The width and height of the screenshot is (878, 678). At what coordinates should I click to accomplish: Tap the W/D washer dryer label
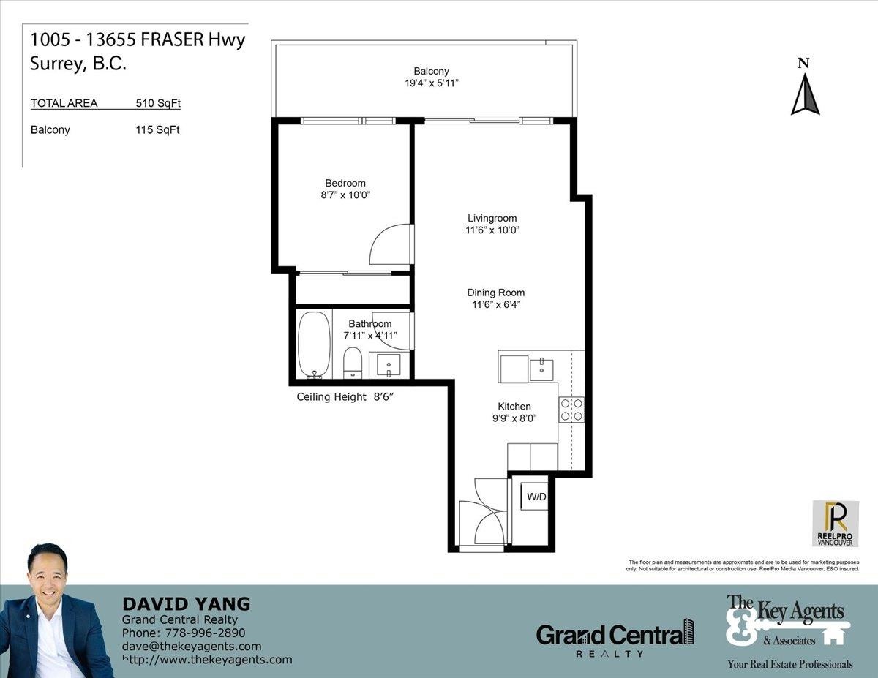pos(536,497)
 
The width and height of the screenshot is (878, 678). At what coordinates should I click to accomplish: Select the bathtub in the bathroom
pos(314,345)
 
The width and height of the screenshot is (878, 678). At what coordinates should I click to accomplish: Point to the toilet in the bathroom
pos(353,363)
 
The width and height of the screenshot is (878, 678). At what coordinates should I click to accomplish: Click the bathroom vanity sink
pos(389,366)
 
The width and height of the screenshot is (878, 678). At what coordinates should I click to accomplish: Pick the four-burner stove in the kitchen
pos(571,410)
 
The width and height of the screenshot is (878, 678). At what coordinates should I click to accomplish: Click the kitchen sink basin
pos(541,369)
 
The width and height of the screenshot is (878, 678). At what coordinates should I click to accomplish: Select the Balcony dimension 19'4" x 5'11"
pos(432,83)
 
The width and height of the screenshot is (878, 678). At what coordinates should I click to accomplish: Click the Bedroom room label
pos(345,183)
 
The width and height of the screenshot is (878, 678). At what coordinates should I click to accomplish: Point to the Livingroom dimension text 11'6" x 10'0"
pos(492,230)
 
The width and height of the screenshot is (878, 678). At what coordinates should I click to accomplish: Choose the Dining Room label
pos(496,293)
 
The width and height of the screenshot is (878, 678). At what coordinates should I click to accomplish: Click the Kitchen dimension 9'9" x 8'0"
pos(514,418)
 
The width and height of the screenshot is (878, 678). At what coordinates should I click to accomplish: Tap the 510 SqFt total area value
pos(157,103)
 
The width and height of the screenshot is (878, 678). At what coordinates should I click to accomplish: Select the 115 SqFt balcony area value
pos(157,129)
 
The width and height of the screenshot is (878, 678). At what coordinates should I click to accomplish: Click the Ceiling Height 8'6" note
pos(345,397)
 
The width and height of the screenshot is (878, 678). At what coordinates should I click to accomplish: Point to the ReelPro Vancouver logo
pos(836,524)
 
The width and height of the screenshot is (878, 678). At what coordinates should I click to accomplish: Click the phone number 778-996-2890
pos(206,633)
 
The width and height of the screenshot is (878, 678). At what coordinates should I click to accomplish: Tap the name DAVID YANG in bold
pos(187,604)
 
